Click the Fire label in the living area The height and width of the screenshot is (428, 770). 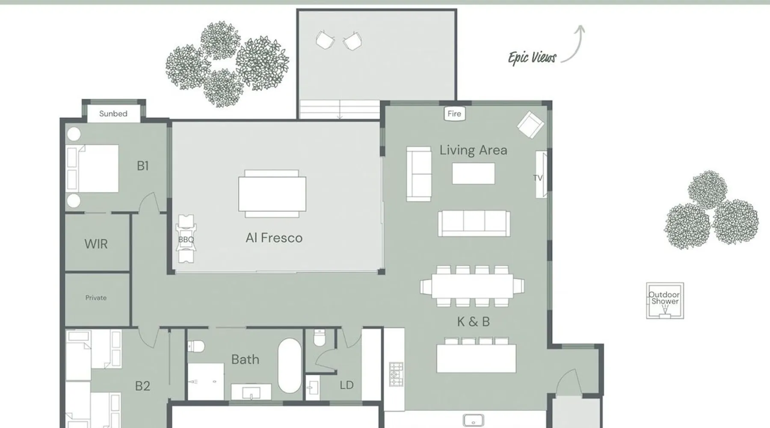point(454,113)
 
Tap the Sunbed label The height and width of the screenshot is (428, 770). point(113,113)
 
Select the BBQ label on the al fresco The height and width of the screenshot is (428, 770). point(186,240)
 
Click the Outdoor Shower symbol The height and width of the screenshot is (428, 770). point(665,300)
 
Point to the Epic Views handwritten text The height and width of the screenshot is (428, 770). point(532,58)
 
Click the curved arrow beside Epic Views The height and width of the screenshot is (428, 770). point(576,43)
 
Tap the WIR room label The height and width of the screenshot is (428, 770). point(96,244)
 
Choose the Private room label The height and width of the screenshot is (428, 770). point(96,298)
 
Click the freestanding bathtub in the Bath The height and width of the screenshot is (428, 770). point(290,366)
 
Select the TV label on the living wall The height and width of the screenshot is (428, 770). point(538,178)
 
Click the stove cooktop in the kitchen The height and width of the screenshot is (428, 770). point(396,374)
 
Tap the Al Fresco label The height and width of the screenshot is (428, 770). point(274,238)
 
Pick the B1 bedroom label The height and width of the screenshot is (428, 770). point(143,166)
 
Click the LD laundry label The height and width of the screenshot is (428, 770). point(346,385)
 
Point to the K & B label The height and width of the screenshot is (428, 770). point(473,321)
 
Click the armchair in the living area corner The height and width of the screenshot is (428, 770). point(530,125)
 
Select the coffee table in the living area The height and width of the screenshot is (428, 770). point(473,173)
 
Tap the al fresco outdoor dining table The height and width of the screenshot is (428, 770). point(272,193)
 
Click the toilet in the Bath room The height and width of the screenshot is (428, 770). point(196,345)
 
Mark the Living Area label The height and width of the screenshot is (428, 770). point(473,150)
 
